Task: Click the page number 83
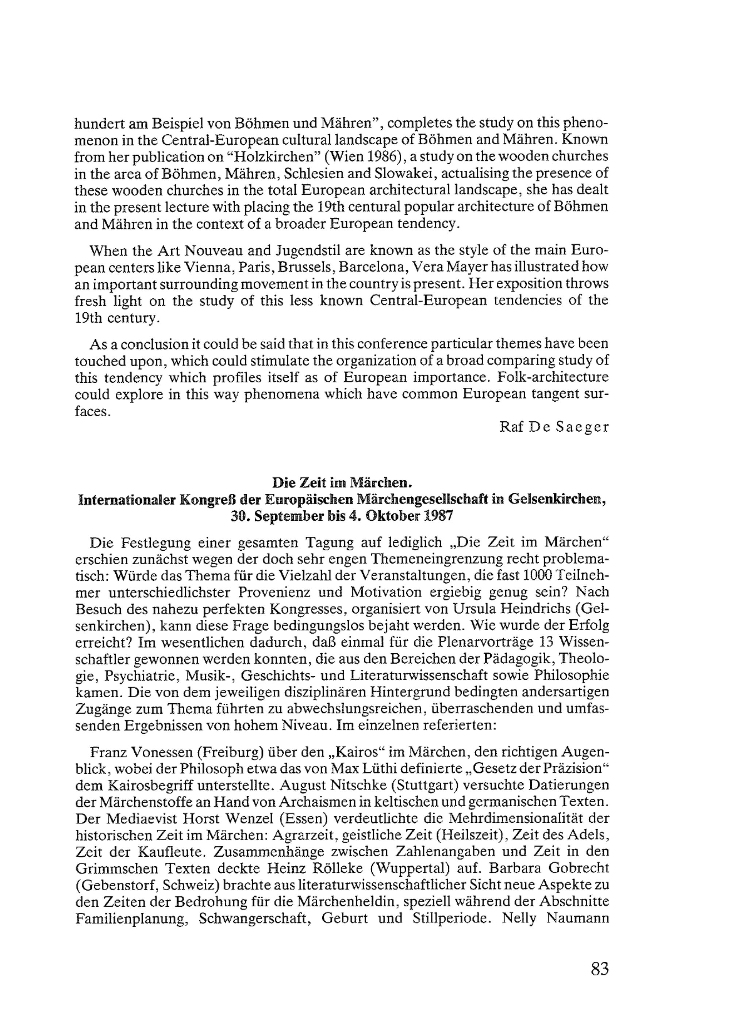pyautogui.click(x=599, y=969)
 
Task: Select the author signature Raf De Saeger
pyautogui.click(x=554, y=427)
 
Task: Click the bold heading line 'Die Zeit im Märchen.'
pyautogui.click(x=342, y=483)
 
